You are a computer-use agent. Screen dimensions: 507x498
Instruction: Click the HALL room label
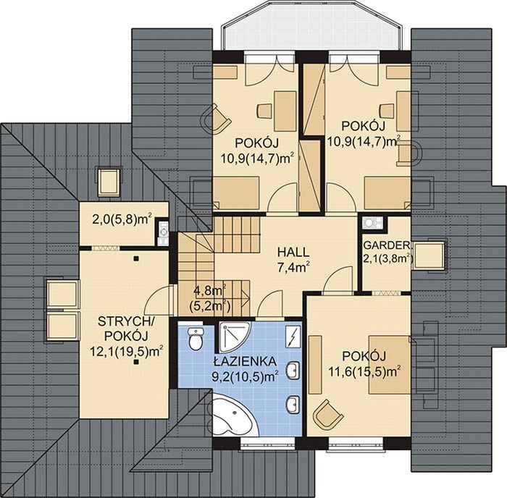293,252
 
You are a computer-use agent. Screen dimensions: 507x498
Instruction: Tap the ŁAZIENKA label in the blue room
245,361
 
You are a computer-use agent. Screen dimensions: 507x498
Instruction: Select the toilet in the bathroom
196,338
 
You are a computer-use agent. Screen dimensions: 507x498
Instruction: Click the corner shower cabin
234,337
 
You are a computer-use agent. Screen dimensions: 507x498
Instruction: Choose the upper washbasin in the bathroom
293,370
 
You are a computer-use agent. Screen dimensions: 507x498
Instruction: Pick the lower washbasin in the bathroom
293,405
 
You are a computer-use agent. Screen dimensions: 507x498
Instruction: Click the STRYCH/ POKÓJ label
126,329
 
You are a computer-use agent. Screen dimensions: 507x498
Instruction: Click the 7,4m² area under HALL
293,268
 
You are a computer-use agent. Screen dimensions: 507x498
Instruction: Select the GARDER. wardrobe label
387,245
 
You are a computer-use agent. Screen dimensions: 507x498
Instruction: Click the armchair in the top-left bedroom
216,118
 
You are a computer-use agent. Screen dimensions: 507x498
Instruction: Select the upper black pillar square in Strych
136,258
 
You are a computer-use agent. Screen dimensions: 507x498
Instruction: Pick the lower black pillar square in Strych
136,362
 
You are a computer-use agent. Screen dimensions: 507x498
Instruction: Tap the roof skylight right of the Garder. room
429,256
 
